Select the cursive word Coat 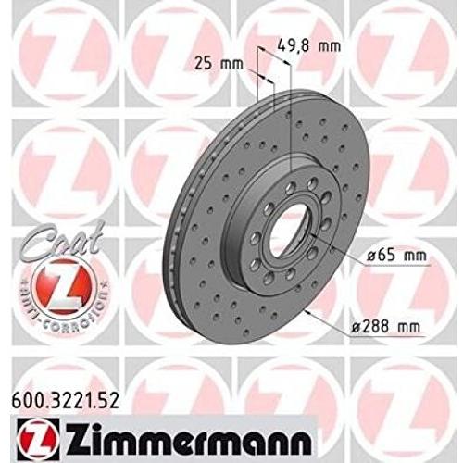38,239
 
